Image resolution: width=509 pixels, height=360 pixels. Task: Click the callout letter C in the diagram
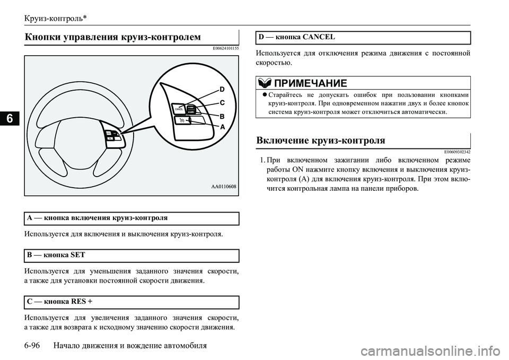point(222,103)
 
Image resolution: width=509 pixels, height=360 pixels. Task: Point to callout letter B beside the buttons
point(223,116)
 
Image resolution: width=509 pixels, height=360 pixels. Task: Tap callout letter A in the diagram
point(223,127)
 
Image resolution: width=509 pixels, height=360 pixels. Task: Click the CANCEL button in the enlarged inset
point(179,109)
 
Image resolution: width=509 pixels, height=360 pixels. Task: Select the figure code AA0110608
point(223,187)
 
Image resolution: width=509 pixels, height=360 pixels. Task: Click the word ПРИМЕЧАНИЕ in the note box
point(311,83)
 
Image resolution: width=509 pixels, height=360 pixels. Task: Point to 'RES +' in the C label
point(81,302)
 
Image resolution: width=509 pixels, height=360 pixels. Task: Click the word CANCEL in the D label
point(318,37)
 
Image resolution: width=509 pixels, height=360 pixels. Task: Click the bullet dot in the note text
point(264,94)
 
